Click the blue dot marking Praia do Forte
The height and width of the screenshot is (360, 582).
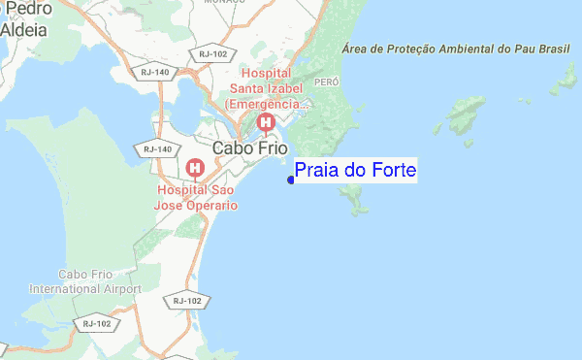tap(291, 179)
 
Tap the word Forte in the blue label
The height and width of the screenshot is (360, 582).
tap(387, 171)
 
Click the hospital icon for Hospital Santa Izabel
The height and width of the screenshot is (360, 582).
tap(266, 122)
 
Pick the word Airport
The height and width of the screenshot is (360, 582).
tap(118, 289)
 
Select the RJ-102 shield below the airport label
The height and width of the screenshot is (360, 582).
tap(97, 323)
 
